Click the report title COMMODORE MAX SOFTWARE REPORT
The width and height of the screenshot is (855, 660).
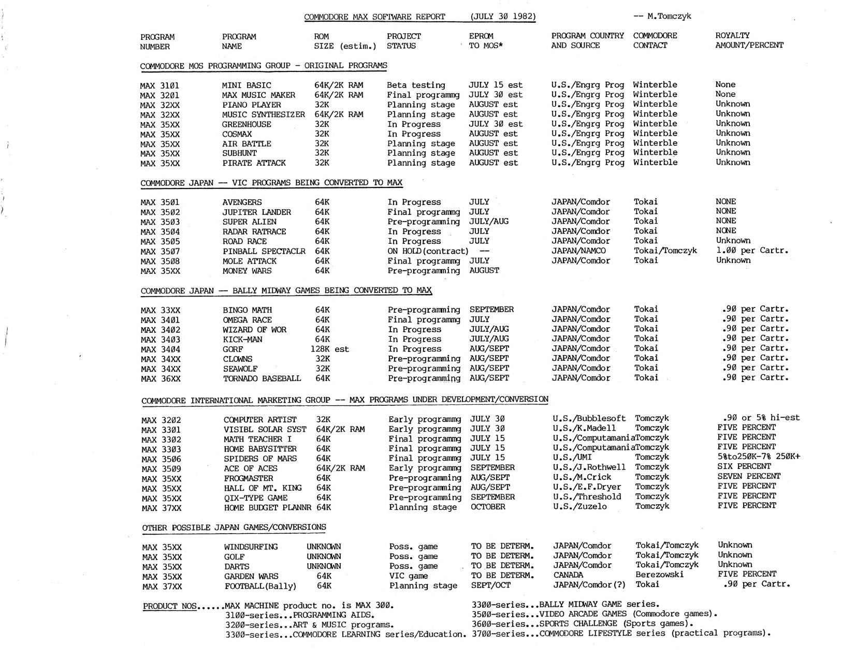pos(374,17)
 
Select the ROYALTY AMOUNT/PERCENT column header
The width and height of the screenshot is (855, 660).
pos(749,40)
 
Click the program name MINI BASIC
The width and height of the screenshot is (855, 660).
pos(247,85)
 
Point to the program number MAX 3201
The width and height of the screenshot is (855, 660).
pos(160,95)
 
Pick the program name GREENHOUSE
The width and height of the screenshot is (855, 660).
pos(247,124)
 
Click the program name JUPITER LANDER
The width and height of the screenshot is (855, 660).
pos(257,212)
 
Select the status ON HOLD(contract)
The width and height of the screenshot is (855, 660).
pos(428,251)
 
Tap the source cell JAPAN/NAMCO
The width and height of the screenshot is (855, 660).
pos(578,251)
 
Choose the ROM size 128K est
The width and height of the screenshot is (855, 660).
pos(329,349)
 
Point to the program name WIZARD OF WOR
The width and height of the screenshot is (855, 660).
pos(255,330)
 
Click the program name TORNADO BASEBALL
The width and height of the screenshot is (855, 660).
pos(262,378)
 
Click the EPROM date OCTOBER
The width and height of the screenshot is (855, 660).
pos(488,507)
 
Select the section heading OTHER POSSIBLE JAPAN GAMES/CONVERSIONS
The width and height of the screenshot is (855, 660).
pos(234,527)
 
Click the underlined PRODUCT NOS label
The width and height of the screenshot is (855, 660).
pos(170,606)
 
